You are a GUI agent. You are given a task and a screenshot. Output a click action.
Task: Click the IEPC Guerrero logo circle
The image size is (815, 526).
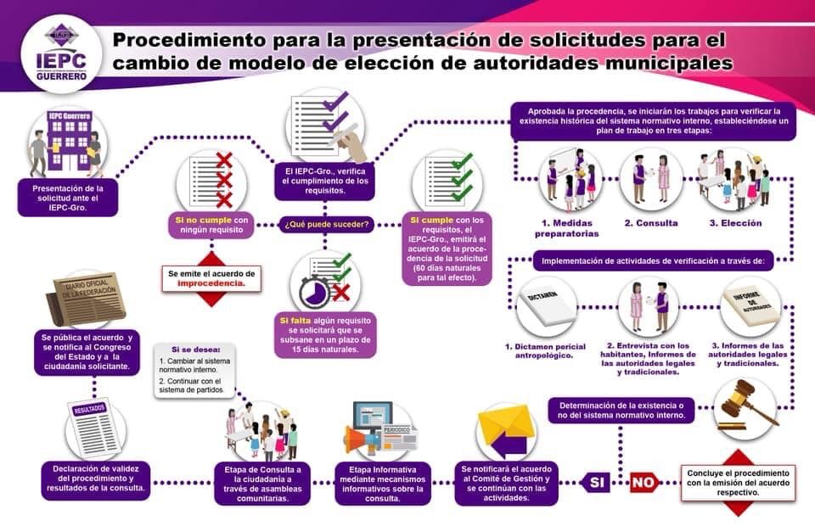pyautogui.click(x=61, y=53)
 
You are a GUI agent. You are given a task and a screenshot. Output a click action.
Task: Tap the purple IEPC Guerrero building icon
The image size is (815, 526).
pyautogui.click(x=69, y=141)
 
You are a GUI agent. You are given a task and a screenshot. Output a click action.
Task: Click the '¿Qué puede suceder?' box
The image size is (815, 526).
pyautogui.click(x=326, y=224)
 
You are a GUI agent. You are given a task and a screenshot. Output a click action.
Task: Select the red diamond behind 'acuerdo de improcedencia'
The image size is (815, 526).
pyautogui.click(x=211, y=279)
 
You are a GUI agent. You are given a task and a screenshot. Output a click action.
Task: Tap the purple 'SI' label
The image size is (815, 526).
pyautogui.click(x=596, y=483)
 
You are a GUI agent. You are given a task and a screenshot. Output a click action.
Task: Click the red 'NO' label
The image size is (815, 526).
pyautogui.click(x=644, y=483)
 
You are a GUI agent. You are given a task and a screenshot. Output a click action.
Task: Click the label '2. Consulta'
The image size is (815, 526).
pyautogui.click(x=651, y=223)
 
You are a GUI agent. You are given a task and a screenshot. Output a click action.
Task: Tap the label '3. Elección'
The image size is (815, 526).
pyautogui.click(x=735, y=223)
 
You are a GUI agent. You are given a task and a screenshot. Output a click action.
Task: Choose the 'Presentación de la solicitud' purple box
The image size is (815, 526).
pyautogui.click(x=68, y=198)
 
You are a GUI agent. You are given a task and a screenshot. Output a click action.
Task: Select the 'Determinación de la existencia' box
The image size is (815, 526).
pyautogui.click(x=621, y=411)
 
